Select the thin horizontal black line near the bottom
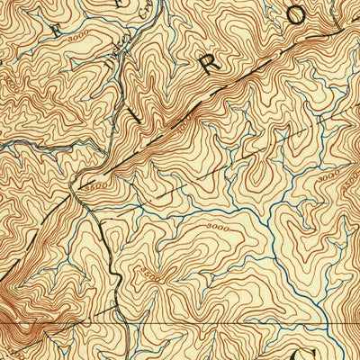pos(225,318)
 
